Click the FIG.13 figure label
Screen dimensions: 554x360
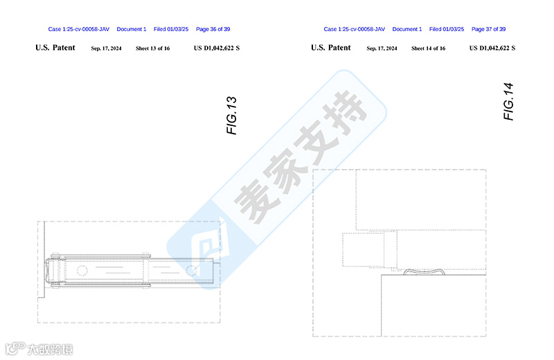point(233,115)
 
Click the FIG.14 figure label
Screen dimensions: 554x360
point(509,102)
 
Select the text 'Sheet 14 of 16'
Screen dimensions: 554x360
point(428,48)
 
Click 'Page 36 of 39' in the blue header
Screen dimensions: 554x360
point(213,29)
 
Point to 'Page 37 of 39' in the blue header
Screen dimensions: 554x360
point(488,29)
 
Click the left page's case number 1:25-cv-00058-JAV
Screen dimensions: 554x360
point(79,29)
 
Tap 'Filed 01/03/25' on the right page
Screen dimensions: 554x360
point(447,29)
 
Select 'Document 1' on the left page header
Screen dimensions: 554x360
point(132,29)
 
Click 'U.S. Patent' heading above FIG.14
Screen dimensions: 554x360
point(331,48)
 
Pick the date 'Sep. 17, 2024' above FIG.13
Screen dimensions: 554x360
point(106,48)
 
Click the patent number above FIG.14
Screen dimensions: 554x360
point(492,48)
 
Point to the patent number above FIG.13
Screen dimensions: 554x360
point(217,48)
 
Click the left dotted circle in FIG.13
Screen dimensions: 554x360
point(82,271)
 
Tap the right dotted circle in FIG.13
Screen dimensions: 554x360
point(192,271)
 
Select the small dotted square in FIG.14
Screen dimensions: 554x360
point(364,249)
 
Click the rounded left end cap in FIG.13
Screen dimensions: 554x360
point(50,271)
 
